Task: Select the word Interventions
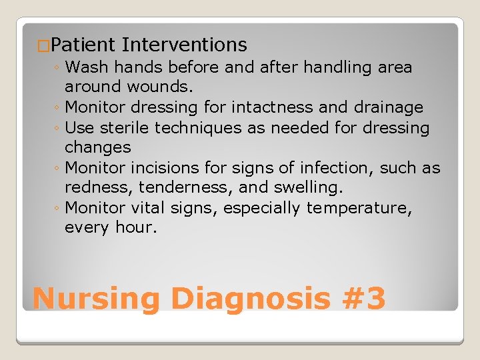click(185, 45)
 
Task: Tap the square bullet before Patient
click(43, 47)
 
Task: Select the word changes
click(97, 147)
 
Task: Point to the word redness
click(93, 187)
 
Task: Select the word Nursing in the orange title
click(96, 299)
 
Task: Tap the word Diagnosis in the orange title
click(250, 299)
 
